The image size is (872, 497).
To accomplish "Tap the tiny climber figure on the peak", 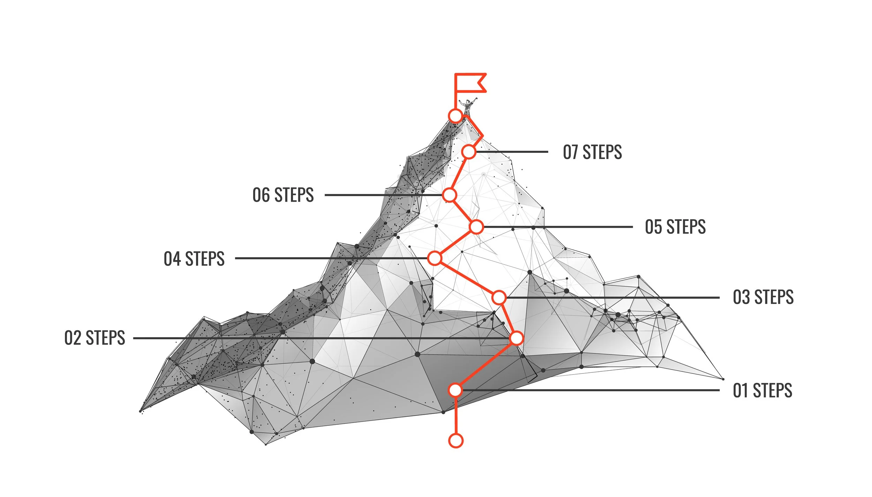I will [467, 106].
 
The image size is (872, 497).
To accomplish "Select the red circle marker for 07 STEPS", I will [469, 152].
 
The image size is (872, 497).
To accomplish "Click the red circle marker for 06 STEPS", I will [450, 195].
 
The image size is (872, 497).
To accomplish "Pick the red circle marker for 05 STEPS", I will [476, 227].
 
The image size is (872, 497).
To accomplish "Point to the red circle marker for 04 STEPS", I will [435, 258].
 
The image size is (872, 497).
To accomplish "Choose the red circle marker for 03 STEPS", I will [499, 298].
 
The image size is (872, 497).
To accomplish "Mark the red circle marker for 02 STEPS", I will [516, 338].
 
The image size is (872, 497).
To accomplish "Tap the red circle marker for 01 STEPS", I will [456, 390].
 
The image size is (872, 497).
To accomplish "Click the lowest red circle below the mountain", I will [456, 441].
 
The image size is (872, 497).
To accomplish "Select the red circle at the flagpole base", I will [455, 116].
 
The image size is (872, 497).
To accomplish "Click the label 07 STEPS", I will [592, 152].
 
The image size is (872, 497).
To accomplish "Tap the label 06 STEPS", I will [283, 195].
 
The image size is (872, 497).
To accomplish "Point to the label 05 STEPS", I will [675, 227].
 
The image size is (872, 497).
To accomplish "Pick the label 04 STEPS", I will [194, 259].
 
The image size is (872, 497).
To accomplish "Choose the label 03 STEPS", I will [763, 297].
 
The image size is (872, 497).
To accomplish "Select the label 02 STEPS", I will [95, 338].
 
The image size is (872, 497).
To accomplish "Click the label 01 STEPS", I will [762, 390].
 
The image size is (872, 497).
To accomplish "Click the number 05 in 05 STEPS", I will [653, 227].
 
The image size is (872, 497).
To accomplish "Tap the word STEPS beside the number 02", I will [105, 338].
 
